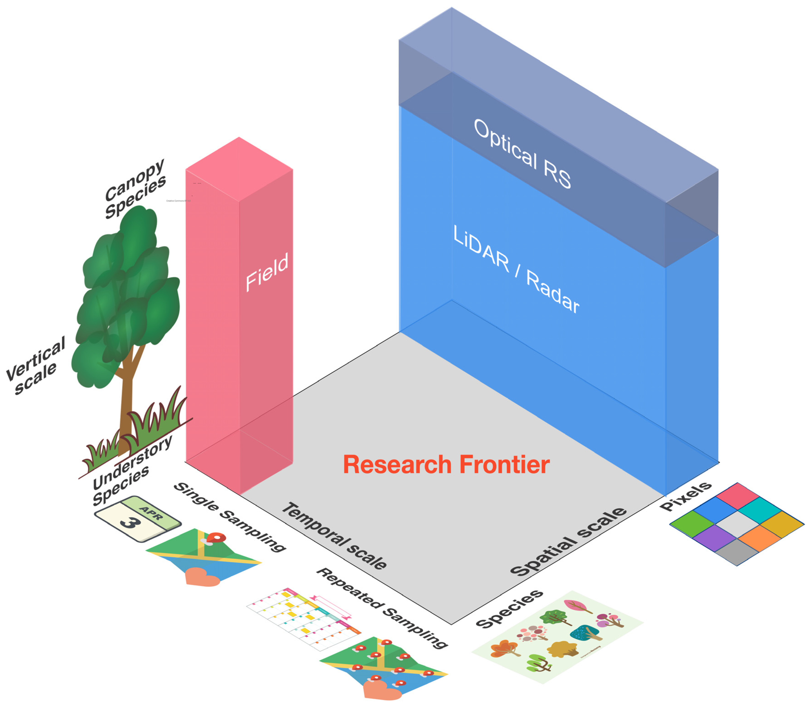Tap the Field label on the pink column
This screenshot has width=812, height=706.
tap(267, 272)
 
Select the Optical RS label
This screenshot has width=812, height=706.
tap(522, 154)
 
